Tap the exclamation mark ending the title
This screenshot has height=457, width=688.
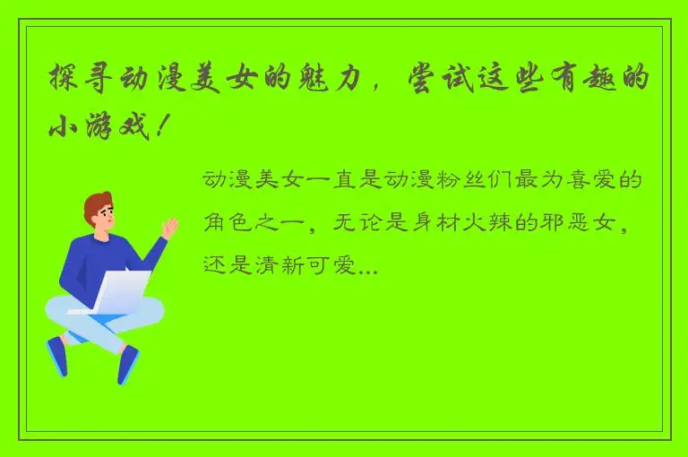click(x=160, y=125)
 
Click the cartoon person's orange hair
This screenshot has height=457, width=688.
click(x=97, y=203)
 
